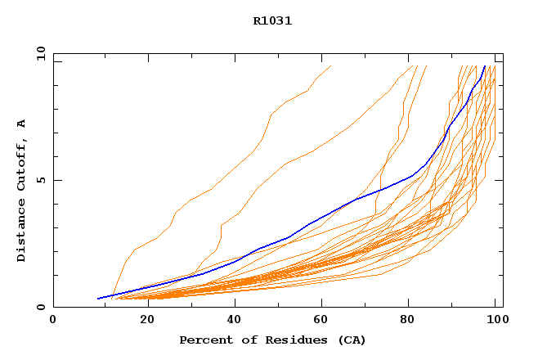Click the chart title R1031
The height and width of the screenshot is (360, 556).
[x=272, y=21]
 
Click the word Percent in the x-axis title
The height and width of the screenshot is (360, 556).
[x=205, y=340]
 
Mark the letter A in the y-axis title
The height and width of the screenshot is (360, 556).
[x=22, y=124]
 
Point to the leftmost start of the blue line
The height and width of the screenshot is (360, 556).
[x=98, y=299]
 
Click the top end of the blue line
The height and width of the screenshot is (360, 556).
[x=485, y=66]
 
